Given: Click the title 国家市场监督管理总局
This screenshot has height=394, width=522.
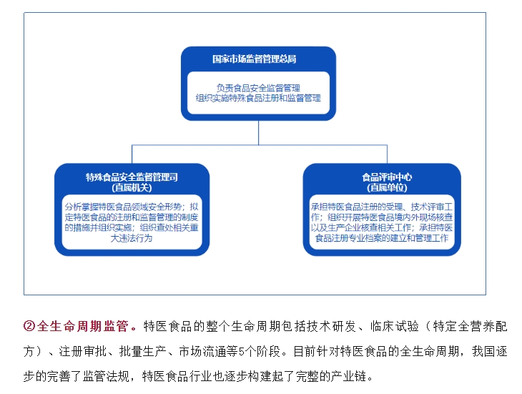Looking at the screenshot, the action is (x=255, y=59).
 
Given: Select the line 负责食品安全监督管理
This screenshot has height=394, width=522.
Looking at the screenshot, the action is (x=258, y=88).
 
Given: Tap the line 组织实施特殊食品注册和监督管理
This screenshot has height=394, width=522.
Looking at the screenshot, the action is (x=258, y=98).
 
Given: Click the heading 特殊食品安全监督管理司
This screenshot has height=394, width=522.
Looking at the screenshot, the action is (x=132, y=177).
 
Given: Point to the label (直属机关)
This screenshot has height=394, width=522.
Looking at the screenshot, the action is (x=132, y=187).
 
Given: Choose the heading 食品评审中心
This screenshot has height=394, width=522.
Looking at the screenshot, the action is (x=387, y=177).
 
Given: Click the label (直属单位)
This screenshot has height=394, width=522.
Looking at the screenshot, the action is (x=387, y=187).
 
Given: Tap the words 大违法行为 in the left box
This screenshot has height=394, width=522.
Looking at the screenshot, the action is (x=132, y=238).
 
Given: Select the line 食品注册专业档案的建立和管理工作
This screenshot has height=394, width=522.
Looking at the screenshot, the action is (x=382, y=238).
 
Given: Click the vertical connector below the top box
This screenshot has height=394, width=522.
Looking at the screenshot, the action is (x=258, y=132).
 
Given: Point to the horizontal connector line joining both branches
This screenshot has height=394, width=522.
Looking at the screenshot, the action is (x=260, y=144).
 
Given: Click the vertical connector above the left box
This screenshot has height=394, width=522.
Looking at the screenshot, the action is (x=132, y=154).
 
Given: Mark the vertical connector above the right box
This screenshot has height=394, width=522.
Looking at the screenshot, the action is (x=387, y=154).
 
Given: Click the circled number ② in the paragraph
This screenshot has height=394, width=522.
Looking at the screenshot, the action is (x=29, y=326).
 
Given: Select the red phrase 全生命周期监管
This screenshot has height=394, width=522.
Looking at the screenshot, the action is (x=83, y=326).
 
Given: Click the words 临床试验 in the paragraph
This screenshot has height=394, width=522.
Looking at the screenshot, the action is (x=395, y=326).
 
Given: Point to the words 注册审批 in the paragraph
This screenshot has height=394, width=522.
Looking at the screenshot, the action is (x=83, y=351).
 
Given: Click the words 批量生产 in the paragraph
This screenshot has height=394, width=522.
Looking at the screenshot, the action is (x=143, y=351).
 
